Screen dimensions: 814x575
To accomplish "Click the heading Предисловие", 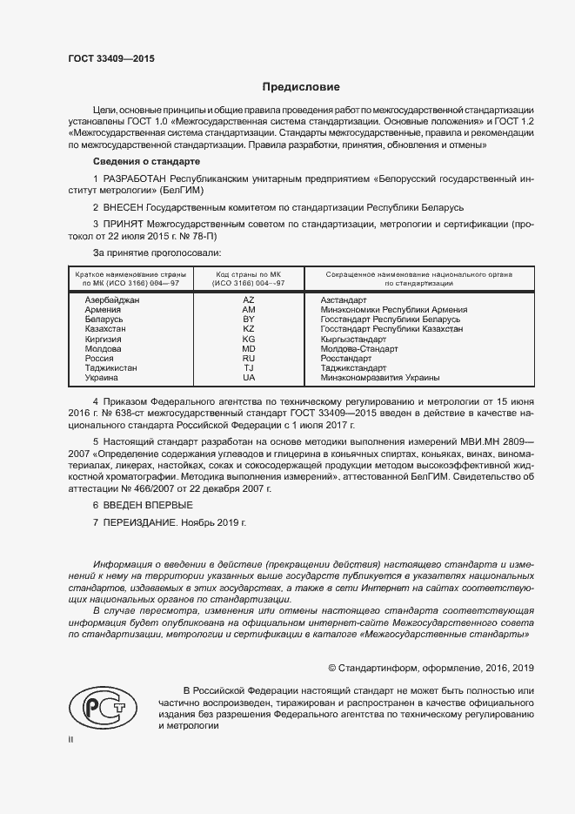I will (301, 87).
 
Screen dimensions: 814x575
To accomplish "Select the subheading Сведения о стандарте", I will (146, 163).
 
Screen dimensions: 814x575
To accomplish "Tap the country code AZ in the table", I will (249, 299).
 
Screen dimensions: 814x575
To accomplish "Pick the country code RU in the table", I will (249, 358).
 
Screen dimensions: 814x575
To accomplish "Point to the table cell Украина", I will (102, 378).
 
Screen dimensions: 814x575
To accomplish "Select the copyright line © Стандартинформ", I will (430, 668).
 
